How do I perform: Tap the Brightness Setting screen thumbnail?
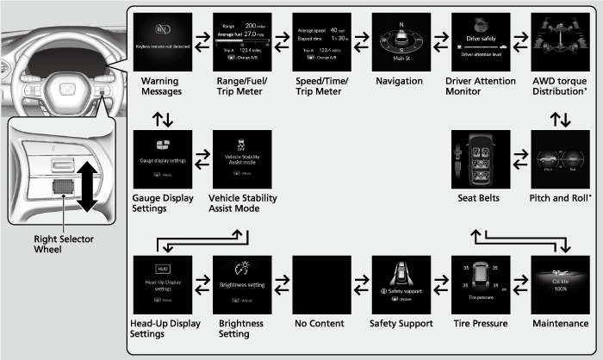[x=244, y=286]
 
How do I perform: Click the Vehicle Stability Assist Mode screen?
[x=244, y=162]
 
